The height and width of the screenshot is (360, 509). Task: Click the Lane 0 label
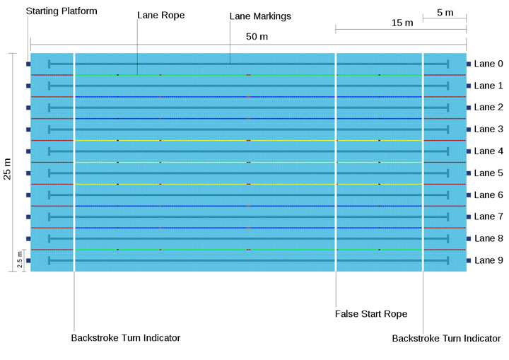[x=488, y=64]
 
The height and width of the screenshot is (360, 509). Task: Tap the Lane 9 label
[x=488, y=260]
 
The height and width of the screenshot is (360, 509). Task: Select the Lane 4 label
[x=488, y=151]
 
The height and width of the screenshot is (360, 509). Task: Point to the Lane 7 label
[x=488, y=216]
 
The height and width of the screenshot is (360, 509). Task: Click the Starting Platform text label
[x=62, y=11]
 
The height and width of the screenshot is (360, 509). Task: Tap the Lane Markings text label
[x=261, y=15]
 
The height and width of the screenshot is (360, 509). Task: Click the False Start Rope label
[x=371, y=313]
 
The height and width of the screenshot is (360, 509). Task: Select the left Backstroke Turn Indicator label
[x=126, y=338]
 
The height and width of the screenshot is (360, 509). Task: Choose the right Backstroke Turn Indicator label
[x=447, y=339]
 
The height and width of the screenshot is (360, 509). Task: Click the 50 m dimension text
[x=257, y=36]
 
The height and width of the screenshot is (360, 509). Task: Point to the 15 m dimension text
[x=402, y=23]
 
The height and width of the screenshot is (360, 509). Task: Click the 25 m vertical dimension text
[x=8, y=169]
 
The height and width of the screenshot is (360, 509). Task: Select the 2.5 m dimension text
[x=20, y=261]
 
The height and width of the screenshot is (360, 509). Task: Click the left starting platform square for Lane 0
[x=28, y=64]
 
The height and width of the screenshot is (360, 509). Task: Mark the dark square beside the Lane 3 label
[x=469, y=129]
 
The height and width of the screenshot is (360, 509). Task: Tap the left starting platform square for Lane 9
[x=28, y=260]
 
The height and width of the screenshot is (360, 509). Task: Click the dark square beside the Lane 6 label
[x=469, y=194]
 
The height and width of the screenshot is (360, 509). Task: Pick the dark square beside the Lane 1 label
[x=469, y=86]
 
